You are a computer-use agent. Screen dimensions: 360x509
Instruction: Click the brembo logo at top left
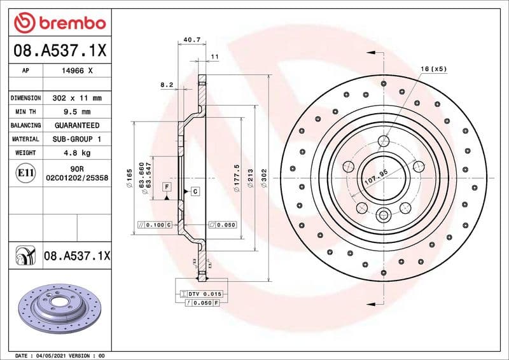pos(59,23)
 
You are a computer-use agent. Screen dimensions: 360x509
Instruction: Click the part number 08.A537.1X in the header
pos(59,49)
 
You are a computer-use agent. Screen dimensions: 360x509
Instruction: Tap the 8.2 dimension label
pos(167,85)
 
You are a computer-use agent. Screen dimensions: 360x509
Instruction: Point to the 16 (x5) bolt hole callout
pos(434,68)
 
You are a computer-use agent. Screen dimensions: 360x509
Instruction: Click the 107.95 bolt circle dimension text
pos(375,176)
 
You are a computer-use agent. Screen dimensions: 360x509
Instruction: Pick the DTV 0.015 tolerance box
pos(202,294)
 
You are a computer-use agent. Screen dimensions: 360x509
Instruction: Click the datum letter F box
pos(167,187)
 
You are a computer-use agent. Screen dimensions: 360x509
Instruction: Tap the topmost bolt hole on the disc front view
pos(384,141)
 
